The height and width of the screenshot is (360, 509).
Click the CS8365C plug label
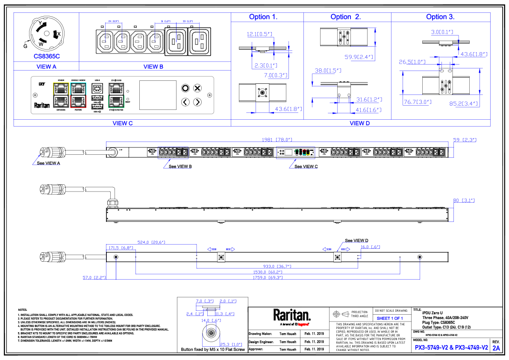46,56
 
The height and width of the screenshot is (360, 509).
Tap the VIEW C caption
122,123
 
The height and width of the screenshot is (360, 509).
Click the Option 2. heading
345,17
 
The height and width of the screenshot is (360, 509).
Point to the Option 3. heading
440,17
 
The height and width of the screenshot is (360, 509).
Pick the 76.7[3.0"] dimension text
417,102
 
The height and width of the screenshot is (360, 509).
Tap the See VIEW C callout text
306,166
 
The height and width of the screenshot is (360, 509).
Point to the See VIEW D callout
356,240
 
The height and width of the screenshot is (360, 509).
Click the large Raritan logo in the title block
292,316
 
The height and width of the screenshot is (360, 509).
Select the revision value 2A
496,348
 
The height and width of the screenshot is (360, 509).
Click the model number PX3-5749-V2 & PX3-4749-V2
451,348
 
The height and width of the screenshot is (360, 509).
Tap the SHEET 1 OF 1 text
390,319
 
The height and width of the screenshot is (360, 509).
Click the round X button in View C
197,88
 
